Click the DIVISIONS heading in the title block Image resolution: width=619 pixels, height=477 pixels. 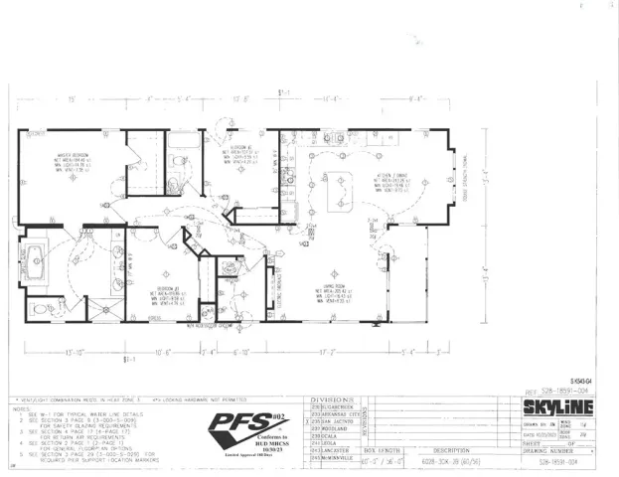[x=333, y=397]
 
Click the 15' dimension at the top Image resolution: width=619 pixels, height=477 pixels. [x=74, y=98]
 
